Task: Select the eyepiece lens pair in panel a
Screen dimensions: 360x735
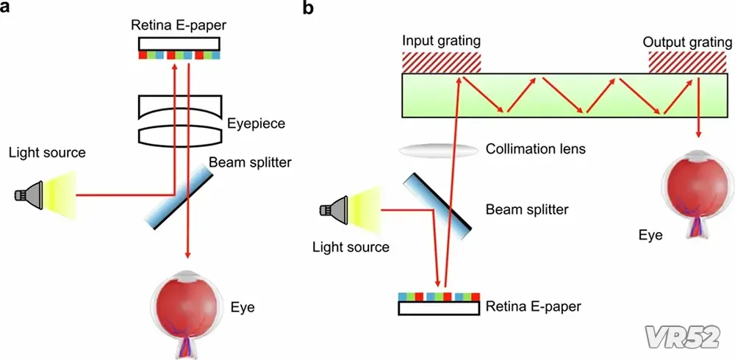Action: click(180, 121)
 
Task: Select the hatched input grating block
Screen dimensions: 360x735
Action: click(441, 62)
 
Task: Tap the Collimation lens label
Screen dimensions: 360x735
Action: click(536, 149)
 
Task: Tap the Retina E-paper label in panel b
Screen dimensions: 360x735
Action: click(534, 305)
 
